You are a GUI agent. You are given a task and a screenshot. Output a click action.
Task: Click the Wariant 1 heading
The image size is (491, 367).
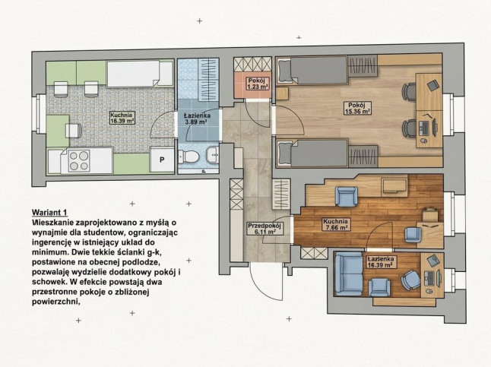click(x=50, y=213)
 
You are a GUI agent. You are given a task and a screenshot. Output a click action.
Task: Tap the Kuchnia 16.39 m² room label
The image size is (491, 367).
click(x=122, y=118)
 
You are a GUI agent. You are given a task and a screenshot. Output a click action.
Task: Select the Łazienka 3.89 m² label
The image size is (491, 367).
click(x=198, y=119)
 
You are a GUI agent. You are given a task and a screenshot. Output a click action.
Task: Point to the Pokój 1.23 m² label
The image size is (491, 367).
click(x=257, y=84)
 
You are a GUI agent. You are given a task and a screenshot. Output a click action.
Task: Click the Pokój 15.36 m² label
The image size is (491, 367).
click(x=357, y=108)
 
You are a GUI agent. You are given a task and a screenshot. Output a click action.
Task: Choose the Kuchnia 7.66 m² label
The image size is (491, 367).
click(x=336, y=224)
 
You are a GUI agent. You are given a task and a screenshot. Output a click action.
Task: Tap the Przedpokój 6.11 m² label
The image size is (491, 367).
click(x=265, y=229)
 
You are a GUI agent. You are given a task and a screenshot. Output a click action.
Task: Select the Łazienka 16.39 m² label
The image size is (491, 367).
click(x=381, y=262)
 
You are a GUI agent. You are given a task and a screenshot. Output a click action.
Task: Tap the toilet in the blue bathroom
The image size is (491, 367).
click(x=188, y=157)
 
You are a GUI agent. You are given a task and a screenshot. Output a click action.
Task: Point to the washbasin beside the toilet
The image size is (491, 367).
click(x=213, y=155)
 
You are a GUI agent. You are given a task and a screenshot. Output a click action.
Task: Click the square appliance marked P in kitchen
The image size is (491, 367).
click(x=162, y=160)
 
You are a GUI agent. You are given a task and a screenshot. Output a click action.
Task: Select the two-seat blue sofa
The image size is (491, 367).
click(x=348, y=274)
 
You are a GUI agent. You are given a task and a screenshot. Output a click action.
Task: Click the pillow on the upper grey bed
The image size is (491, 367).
click(x=284, y=70)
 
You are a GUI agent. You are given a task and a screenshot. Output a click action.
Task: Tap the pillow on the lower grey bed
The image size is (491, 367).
click(x=284, y=153)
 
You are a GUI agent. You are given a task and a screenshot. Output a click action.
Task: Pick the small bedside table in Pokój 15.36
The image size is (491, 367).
click(x=282, y=93)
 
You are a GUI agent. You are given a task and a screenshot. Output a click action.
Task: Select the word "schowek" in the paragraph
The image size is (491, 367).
click(x=48, y=281)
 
